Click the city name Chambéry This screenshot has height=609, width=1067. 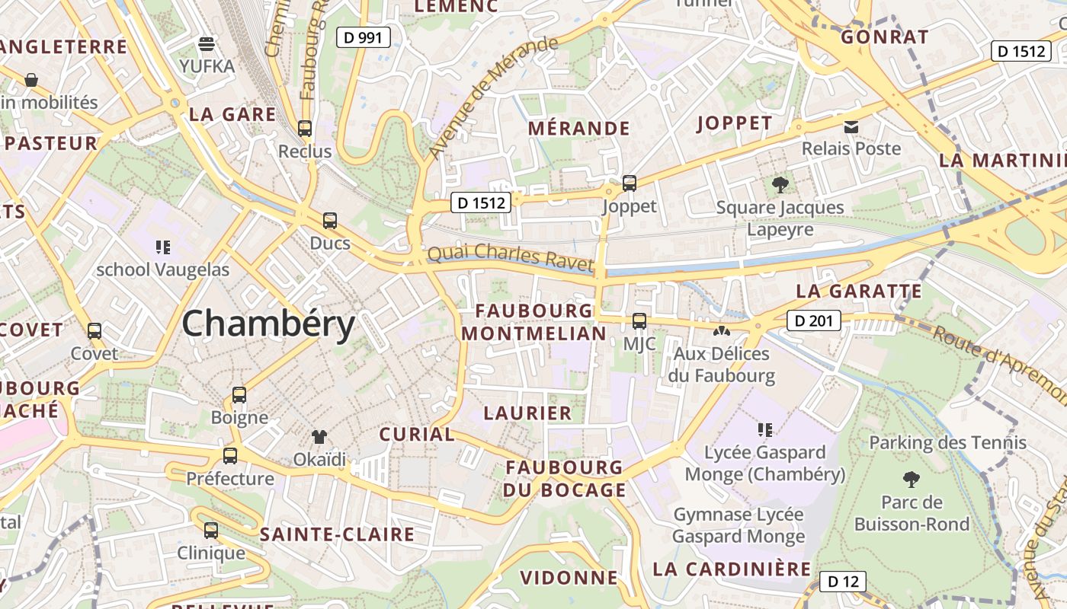[x=268, y=324]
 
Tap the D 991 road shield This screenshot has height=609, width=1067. [x=364, y=37]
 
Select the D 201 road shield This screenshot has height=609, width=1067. [x=813, y=321]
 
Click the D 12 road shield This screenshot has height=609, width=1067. [x=843, y=582]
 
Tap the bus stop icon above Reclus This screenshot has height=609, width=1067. [x=305, y=129]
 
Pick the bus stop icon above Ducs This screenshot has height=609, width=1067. [x=330, y=221]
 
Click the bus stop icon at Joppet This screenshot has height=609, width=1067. [x=630, y=183]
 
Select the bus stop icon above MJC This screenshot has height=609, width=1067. [x=639, y=321]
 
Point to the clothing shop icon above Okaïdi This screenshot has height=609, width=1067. [x=319, y=437]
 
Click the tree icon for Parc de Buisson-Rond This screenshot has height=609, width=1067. [x=911, y=480]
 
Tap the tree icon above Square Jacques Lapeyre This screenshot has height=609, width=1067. [x=780, y=184]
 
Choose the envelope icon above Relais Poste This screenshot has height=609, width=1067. [x=851, y=126]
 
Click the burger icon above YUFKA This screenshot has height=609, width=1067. [x=207, y=43]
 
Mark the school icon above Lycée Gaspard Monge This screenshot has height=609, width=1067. [x=765, y=430]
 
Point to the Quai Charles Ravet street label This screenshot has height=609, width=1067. [x=510, y=257]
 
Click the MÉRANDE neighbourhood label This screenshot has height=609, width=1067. [x=579, y=129]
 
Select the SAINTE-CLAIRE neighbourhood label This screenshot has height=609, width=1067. [x=337, y=534]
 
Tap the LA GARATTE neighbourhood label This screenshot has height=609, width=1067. [x=859, y=292]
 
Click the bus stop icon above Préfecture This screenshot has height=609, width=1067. [x=229, y=456]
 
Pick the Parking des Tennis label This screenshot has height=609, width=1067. [x=947, y=442]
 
